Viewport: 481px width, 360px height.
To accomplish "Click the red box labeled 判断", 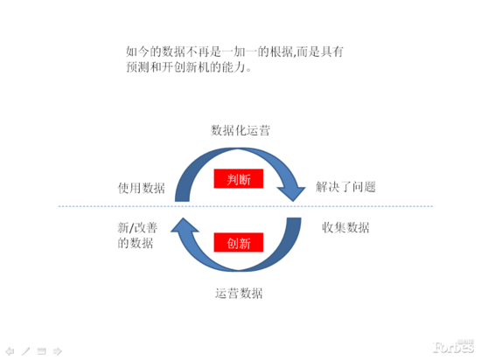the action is tap(239, 178).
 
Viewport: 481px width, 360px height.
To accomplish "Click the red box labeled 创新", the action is tap(239, 242).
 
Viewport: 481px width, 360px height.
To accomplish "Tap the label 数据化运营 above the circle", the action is tap(240, 130).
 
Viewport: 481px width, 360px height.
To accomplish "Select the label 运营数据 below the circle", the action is tap(239, 294).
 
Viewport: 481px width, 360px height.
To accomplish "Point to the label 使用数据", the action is tap(142, 188).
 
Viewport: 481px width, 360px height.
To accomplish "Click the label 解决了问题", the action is tap(345, 187).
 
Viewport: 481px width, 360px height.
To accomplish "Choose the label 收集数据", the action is tap(345, 228).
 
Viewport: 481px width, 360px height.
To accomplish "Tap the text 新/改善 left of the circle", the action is tap(137, 228).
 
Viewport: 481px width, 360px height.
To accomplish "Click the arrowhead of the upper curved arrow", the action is tap(291, 194).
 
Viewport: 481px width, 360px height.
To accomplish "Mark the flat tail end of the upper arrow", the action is tap(182, 201).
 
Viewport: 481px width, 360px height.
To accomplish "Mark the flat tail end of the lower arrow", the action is tap(294, 218).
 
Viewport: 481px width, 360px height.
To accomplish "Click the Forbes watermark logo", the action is tap(453, 347).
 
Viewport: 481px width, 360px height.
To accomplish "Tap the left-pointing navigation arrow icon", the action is tap(10, 350).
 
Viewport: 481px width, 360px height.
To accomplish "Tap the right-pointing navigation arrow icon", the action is tap(58, 350).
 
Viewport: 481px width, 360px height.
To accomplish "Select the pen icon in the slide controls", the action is tap(25, 350).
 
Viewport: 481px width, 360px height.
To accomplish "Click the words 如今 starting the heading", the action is tap(137, 52).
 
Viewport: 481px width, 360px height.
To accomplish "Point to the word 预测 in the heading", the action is tap(137, 67).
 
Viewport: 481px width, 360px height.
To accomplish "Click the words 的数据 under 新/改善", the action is tap(136, 243).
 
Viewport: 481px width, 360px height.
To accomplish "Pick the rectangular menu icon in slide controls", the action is tap(41, 351).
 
